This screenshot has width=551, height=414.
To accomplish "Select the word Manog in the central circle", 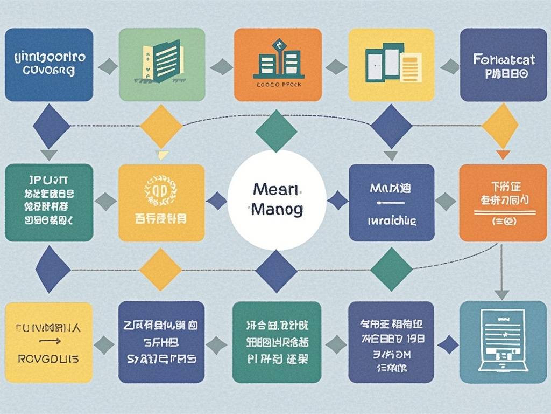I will pos(277,209).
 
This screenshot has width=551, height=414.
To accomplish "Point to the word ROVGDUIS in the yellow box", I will pos(48,358).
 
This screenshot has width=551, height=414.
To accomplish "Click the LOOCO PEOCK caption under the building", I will pos(279,85).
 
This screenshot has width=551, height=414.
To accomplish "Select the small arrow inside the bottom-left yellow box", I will pos(50,341).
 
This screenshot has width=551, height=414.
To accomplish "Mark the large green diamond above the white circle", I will pos(276,131).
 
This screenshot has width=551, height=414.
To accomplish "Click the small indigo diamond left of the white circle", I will pos(217,201).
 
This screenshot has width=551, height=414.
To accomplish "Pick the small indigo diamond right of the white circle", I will pos(338,201).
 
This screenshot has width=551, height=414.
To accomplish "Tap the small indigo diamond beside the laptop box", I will pos(448,344).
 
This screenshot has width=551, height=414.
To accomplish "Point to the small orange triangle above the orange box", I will pos(503,155).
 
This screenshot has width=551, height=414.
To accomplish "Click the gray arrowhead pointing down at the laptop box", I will pos(501,294).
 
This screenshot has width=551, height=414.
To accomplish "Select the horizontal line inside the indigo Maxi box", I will pos(391,203).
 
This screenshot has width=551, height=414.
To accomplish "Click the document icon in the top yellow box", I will pos(391,63).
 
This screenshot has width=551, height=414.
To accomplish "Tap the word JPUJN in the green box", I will pos(48,179).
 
